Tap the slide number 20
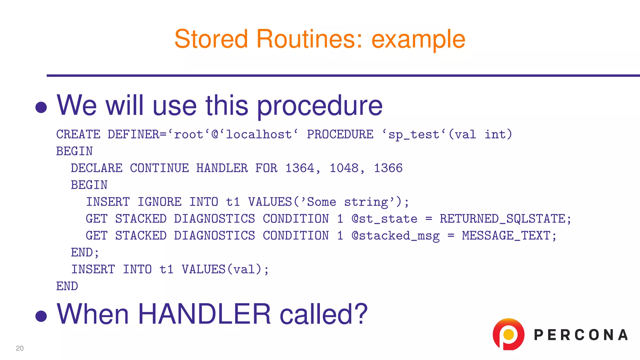(x=20, y=348)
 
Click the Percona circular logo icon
(x=508, y=334)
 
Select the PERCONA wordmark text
(x=581, y=335)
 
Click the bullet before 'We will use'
(x=41, y=107)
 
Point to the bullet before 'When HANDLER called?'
(x=41, y=316)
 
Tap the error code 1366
(x=388, y=168)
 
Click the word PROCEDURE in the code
(x=340, y=135)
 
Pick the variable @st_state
(x=384, y=219)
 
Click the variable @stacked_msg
(x=395, y=236)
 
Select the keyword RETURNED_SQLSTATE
(x=505, y=219)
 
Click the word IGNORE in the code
(x=159, y=202)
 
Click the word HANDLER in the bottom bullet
(x=204, y=314)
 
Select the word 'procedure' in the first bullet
(x=319, y=106)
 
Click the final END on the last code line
(x=67, y=286)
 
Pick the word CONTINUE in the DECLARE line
(x=159, y=168)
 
